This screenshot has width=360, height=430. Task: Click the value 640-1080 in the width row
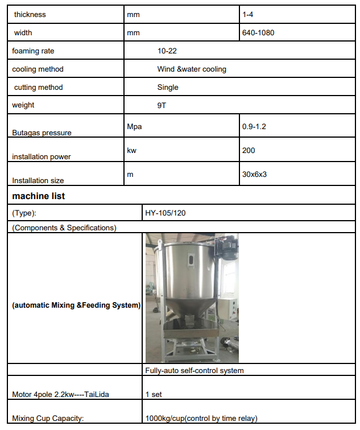258,32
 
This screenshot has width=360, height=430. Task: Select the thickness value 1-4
248,14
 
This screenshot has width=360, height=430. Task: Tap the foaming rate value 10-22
167,51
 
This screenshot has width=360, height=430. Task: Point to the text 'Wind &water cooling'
192,69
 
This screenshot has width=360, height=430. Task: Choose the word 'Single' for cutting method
168,87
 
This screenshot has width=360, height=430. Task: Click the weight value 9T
162,105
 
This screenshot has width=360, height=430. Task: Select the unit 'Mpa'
134,126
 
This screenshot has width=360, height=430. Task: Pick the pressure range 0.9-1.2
254,126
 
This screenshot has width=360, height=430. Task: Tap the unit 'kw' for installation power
132,150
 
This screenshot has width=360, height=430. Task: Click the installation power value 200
249,150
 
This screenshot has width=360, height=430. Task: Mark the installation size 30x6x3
254,174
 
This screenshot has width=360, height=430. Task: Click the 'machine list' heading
39,196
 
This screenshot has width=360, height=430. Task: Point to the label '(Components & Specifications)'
64,228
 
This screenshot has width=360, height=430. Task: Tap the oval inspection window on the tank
191,261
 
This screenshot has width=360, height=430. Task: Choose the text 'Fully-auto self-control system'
195,370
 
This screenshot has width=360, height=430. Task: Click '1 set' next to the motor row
154,394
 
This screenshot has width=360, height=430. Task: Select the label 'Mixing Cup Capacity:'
48,418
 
